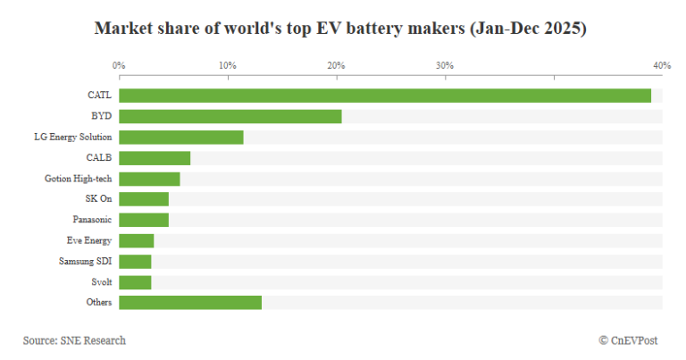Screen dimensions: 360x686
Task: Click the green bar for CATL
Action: pyautogui.click(x=384, y=96)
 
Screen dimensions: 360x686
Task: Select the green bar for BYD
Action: pyautogui.click(x=230, y=116)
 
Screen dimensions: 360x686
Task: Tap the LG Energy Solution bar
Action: pyautogui.click(x=180, y=137)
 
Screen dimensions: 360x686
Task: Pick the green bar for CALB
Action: pyautogui.click(x=154, y=158)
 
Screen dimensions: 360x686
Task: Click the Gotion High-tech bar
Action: pyautogui.click(x=149, y=179)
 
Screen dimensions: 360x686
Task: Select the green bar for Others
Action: pyautogui.click(x=189, y=303)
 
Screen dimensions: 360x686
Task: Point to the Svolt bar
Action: pyautogui.click(x=135, y=282)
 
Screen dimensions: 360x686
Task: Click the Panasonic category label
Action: pyautogui.click(x=92, y=220)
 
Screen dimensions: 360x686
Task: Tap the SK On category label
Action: pyautogui.click(x=98, y=199)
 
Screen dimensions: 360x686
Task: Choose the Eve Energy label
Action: pyautogui.click(x=89, y=240)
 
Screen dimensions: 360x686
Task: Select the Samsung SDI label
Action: pyautogui.click(x=85, y=262)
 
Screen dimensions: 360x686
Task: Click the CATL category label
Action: pyautogui.click(x=98, y=96)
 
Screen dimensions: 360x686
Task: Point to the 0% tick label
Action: pyautogui.click(x=119, y=66)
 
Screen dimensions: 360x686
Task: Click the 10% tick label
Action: pyautogui.click(x=228, y=66)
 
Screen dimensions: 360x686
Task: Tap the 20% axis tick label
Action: pyautogui.click(x=336, y=66)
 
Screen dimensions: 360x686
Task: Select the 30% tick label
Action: pyautogui.click(x=444, y=66)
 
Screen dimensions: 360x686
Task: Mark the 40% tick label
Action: pyautogui.click(x=661, y=66)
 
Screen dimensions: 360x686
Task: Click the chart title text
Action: pyautogui.click(x=340, y=29)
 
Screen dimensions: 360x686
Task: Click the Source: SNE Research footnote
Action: pyautogui.click(x=74, y=340)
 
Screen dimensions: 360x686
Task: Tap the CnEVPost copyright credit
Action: pyautogui.click(x=631, y=340)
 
